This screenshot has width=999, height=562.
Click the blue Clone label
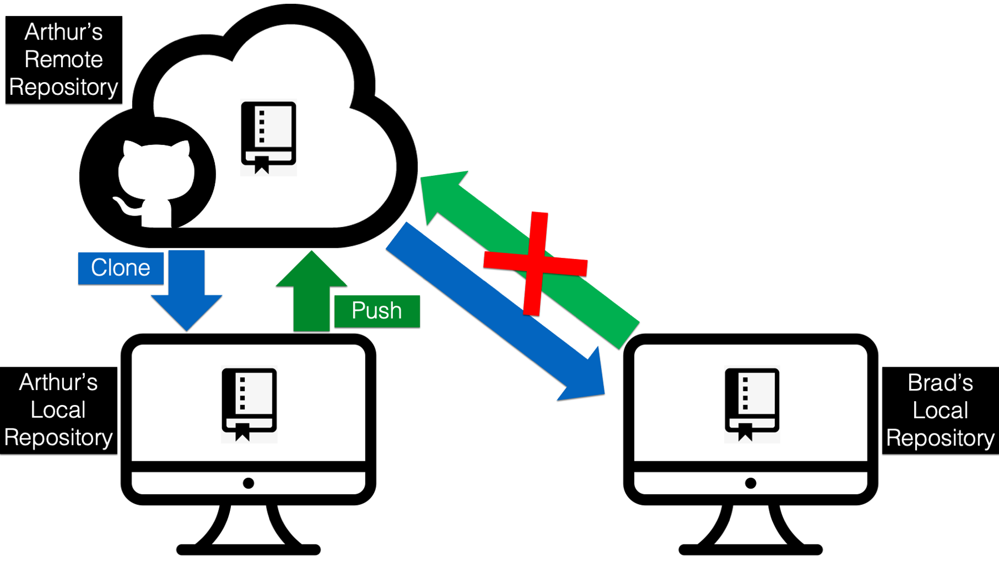click(x=120, y=268)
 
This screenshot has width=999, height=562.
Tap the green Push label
click(x=377, y=311)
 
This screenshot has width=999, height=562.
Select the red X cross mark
click(x=535, y=264)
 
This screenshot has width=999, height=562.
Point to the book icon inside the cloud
click(x=269, y=138)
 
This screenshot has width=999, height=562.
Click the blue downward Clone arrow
click(x=186, y=290)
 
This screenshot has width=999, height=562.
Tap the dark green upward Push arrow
click(x=311, y=291)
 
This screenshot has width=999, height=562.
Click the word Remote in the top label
click(x=64, y=59)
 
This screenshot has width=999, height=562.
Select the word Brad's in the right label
click(x=940, y=383)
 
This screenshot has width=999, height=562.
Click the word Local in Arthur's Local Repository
click(x=58, y=410)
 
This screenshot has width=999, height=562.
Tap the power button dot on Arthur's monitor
click(x=249, y=483)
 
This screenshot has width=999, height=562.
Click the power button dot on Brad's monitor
click(x=751, y=483)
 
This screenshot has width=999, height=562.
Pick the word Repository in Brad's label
click(x=940, y=438)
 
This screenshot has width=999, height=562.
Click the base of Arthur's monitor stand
click(x=249, y=550)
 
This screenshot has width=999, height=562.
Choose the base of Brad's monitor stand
click(x=751, y=550)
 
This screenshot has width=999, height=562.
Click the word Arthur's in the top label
click(x=64, y=32)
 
